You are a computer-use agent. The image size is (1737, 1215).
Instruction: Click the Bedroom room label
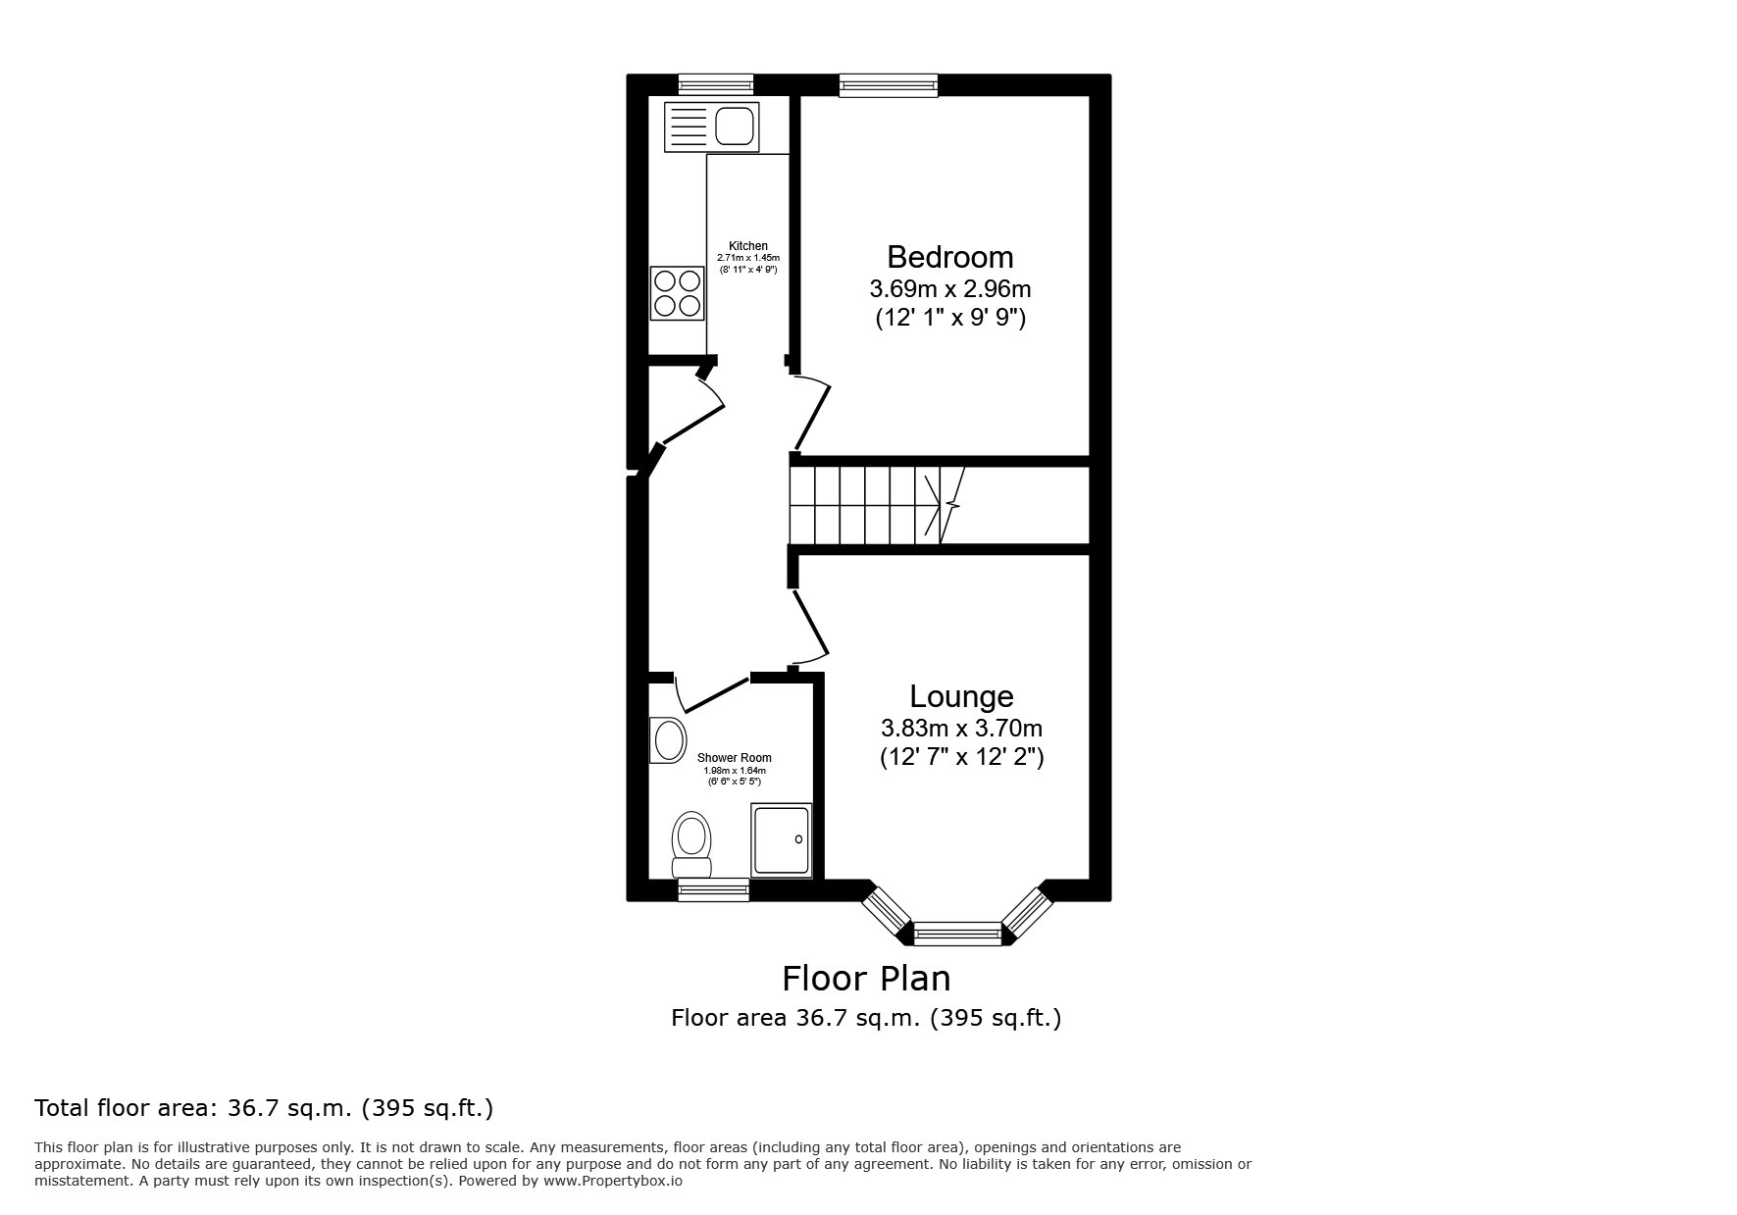click(949, 257)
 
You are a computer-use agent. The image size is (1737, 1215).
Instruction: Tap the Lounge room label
click(961, 696)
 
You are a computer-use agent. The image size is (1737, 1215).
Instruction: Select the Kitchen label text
click(747, 246)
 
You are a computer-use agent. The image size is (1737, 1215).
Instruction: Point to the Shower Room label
click(734, 758)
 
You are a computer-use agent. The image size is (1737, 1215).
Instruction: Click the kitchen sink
click(712, 127)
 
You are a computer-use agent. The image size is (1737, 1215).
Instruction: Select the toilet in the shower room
click(691, 844)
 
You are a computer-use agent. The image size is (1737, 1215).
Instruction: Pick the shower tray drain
click(797, 839)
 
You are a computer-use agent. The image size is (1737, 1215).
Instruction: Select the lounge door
click(811, 628)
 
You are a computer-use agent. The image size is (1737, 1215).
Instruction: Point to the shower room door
click(712, 692)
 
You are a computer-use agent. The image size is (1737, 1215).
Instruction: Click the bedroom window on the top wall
click(889, 86)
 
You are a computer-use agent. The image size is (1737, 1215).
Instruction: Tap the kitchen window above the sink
click(716, 85)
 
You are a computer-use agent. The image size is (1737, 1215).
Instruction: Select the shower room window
click(713, 890)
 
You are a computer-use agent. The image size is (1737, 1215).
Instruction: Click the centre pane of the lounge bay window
click(957, 934)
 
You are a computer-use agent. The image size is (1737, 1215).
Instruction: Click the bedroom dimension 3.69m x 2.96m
click(949, 289)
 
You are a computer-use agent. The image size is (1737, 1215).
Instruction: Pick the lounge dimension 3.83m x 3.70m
click(961, 729)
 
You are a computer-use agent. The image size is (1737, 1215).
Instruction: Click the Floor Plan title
click(866, 979)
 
